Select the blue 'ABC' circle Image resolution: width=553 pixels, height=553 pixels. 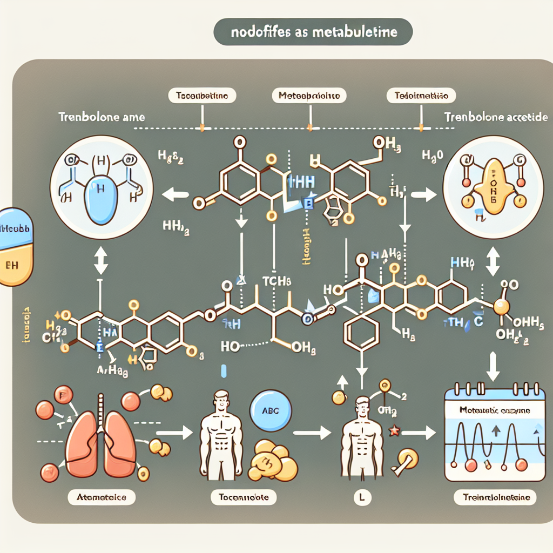pos(271,409)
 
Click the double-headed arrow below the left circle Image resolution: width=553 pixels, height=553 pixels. pos(101,262)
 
